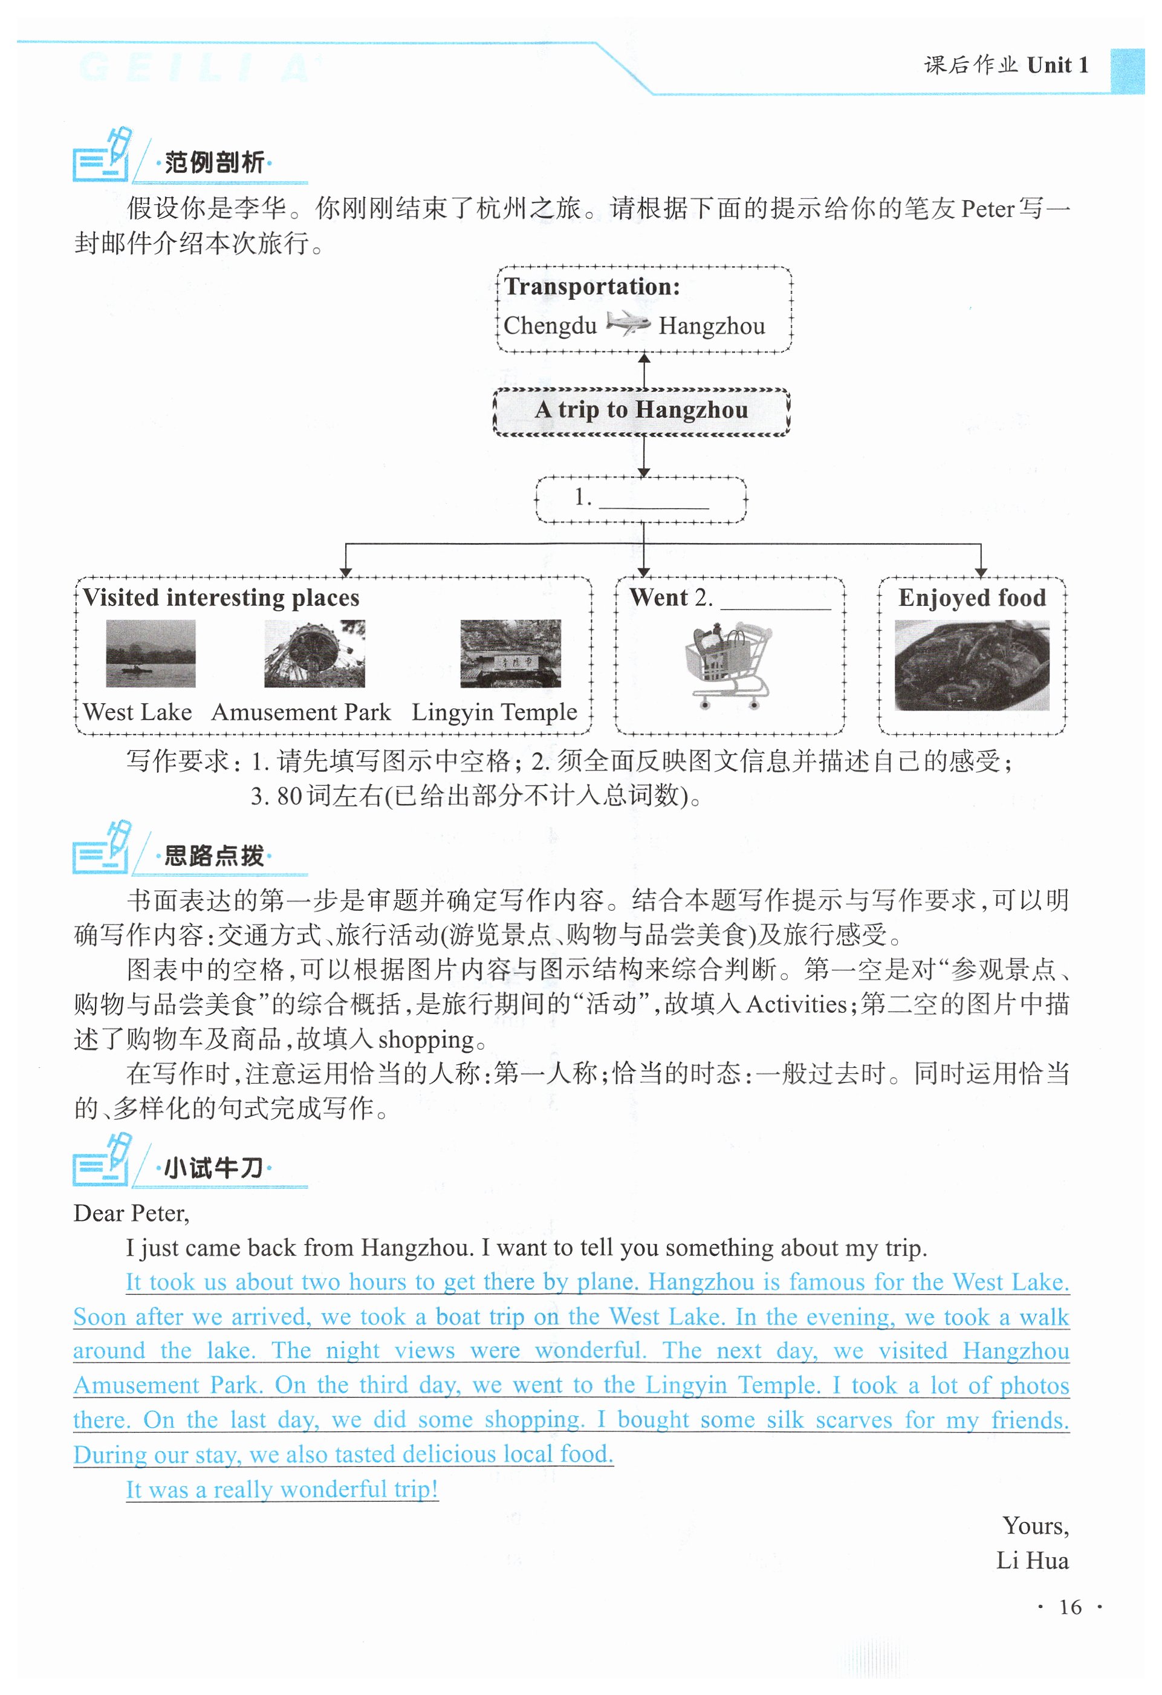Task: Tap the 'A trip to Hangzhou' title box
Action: (641, 411)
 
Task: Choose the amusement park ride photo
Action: (314, 654)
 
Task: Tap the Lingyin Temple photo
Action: (510, 654)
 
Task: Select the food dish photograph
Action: (972, 665)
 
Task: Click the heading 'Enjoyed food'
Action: (972, 598)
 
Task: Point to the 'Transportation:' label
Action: (592, 287)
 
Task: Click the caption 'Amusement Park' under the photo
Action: (301, 712)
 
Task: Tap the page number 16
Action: (1069, 1607)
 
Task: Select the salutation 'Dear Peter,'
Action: (131, 1214)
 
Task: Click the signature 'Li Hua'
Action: (1032, 1561)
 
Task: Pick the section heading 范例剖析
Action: (213, 163)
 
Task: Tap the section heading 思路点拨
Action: (213, 856)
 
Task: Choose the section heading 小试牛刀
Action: (213, 1168)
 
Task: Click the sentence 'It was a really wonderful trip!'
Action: (282, 1489)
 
